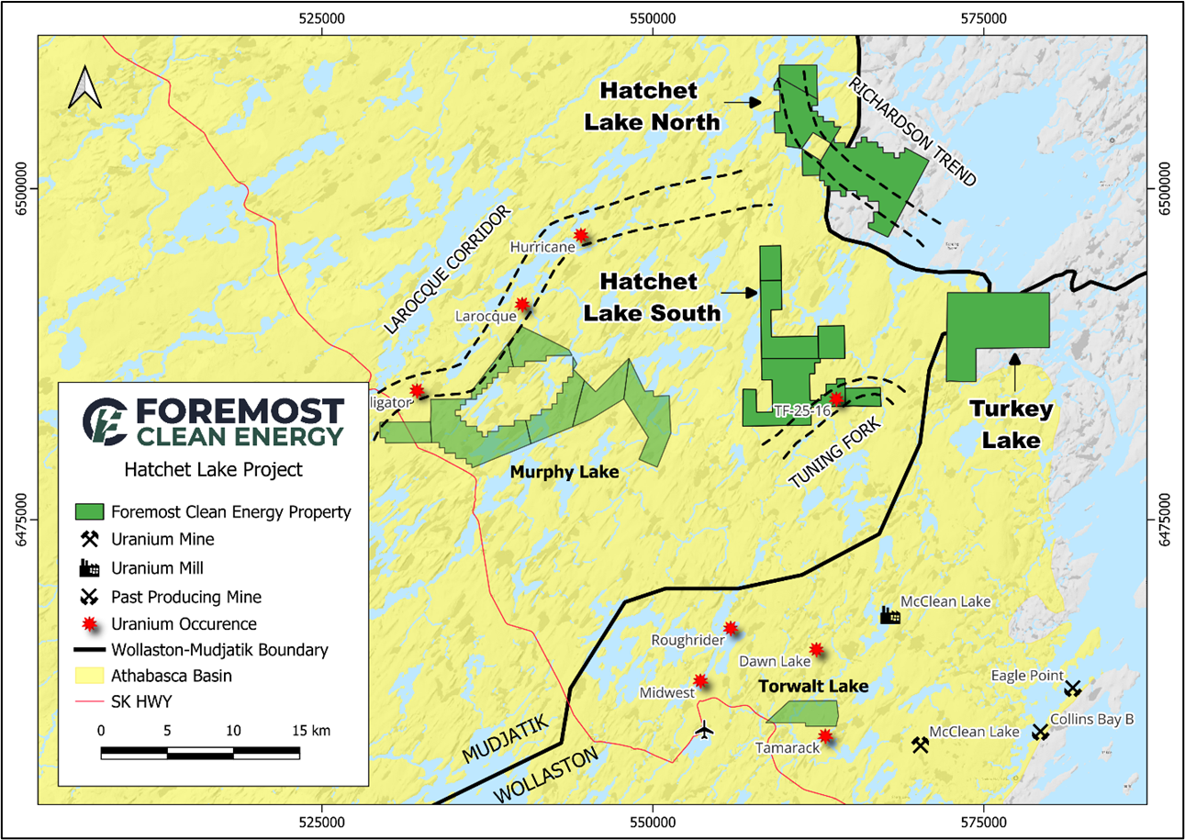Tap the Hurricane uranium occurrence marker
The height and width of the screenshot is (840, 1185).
[580, 236]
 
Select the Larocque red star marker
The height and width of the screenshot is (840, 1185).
[521, 304]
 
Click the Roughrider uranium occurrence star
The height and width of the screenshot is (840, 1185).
[731, 629]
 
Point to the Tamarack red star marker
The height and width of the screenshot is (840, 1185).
[825, 735]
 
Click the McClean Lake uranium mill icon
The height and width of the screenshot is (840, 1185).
[888, 615]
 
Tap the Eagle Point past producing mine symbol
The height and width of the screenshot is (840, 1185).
[1072, 688]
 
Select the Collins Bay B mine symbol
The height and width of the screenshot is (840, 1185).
[1040, 732]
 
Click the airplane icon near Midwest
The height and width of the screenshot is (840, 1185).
[704, 731]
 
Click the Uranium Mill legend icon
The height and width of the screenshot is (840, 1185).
[89, 567]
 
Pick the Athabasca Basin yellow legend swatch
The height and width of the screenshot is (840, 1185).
[89, 677]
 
